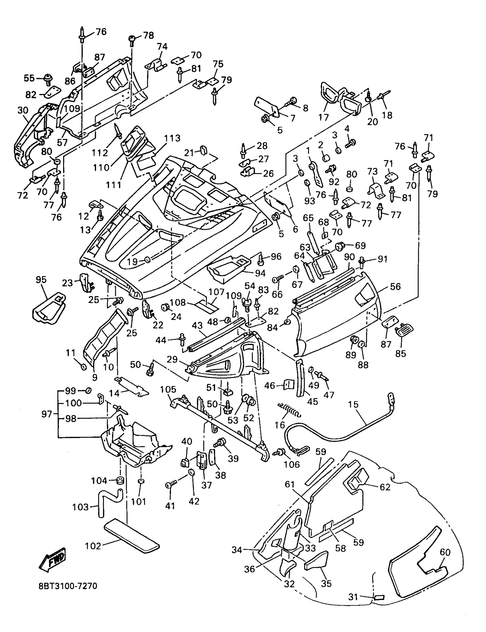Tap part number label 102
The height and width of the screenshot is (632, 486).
coord(93,546)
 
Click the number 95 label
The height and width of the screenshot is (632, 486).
coord(41,280)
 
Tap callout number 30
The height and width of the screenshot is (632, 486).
coord(23,110)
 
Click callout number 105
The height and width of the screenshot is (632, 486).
coord(168,389)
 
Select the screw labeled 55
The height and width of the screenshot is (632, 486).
coord(47,79)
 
